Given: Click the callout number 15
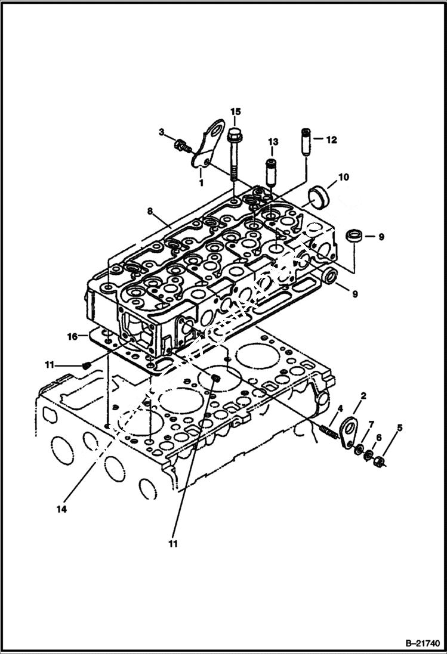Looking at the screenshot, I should click(235, 111).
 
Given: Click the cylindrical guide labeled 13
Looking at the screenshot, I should click(270, 171).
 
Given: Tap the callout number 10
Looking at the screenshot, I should click(344, 177).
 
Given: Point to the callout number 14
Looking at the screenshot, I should click(61, 509).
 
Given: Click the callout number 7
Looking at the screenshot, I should click(371, 424).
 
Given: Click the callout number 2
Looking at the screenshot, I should click(363, 395).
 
